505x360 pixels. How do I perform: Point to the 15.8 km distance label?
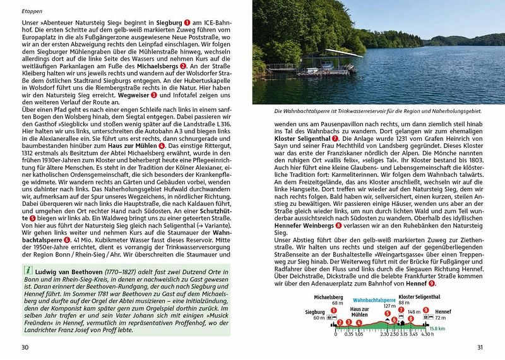tap(436, 330)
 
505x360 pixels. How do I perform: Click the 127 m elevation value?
tap(389, 305)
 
